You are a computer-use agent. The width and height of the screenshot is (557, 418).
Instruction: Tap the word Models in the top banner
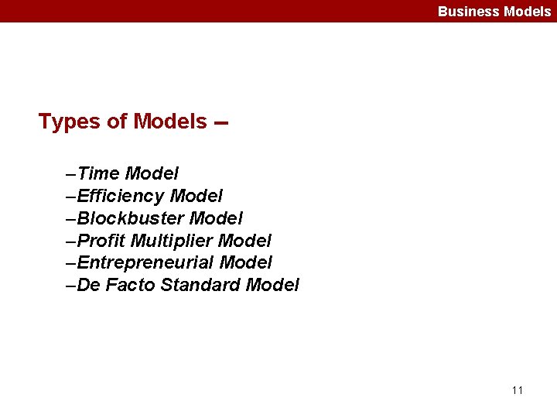(527, 11)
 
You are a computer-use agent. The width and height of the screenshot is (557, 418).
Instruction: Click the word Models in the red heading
(170, 122)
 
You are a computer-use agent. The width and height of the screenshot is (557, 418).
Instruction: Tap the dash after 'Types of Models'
(221, 123)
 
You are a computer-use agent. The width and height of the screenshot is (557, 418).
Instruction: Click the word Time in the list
(98, 173)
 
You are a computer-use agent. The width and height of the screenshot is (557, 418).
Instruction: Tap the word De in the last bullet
(89, 285)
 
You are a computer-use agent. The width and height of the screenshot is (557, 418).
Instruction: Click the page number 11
(518, 390)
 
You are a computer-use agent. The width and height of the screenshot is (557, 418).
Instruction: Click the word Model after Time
(152, 173)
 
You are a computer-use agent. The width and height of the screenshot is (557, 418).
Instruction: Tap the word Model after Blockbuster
(216, 218)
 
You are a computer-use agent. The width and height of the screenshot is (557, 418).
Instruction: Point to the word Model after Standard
(272, 285)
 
